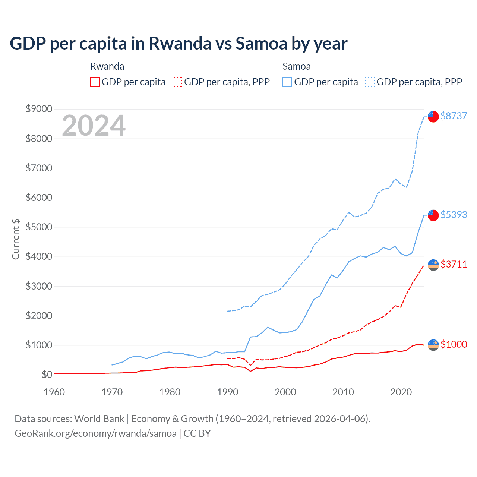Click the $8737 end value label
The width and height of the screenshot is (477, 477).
click(x=454, y=116)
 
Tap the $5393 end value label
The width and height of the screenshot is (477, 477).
click(x=454, y=215)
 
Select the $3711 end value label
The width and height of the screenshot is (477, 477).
click(x=454, y=264)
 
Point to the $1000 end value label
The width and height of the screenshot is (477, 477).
click(x=454, y=344)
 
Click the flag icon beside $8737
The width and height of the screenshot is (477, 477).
click(x=433, y=116)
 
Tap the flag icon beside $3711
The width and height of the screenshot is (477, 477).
click(x=433, y=265)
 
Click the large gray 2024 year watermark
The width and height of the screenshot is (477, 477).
click(x=94, y=126)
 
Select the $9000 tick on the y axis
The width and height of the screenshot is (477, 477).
click(x=39, y=109)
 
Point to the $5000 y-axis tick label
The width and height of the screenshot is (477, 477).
click(x=39, y=227)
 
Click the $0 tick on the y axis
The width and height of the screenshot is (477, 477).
click(x=47, y=374)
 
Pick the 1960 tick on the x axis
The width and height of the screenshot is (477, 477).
click(x=54, y=392)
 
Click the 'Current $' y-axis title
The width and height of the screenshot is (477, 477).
click(x=16, y=239)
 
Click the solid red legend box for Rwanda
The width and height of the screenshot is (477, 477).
click(x=95, y=82)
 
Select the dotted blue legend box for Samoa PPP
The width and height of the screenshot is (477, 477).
click(x=370, y=82)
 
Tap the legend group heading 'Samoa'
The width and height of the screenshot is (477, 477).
click(x=296, y=66)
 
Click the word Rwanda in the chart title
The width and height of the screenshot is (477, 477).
click(x=180, y=43)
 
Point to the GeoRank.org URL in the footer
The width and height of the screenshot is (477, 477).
click(x=95, y=433)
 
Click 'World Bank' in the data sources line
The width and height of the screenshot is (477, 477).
click(x=99, y=419)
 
